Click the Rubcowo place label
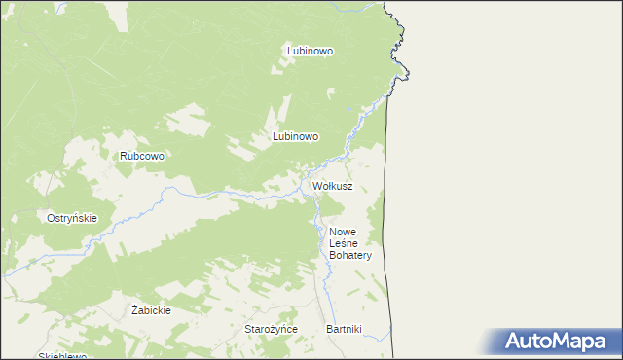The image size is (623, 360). [141, 156]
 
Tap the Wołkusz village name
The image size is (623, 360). [332, 185]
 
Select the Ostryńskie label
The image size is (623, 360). [72, 218]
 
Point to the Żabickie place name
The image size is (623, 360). [151, 310]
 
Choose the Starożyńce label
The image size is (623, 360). [271, 329]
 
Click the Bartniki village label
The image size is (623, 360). [344, 329]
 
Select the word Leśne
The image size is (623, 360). [345, 243]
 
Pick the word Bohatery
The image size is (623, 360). [350, 255]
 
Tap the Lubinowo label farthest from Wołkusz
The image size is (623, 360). [310, 50]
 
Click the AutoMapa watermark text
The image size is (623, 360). [566, 341]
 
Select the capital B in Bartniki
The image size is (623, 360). [329, 329]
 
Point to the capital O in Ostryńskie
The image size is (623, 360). [52, 218]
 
